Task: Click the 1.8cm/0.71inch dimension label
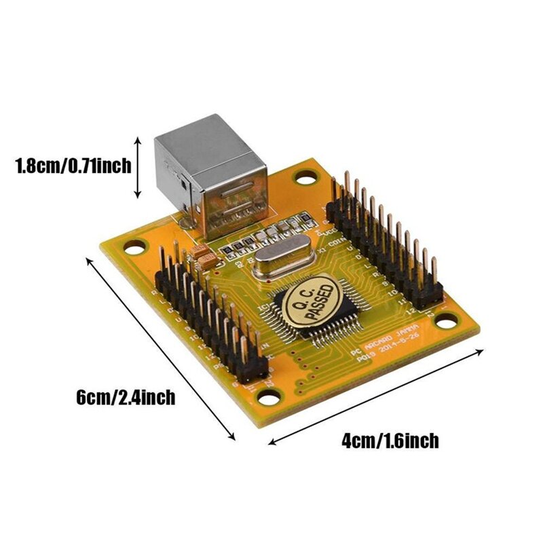click(73, 165)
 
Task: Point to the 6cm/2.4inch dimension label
click(126, 397)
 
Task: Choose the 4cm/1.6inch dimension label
click(390, 441)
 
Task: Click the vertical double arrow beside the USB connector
click(138, 167)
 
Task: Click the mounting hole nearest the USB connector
click(307, 178)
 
